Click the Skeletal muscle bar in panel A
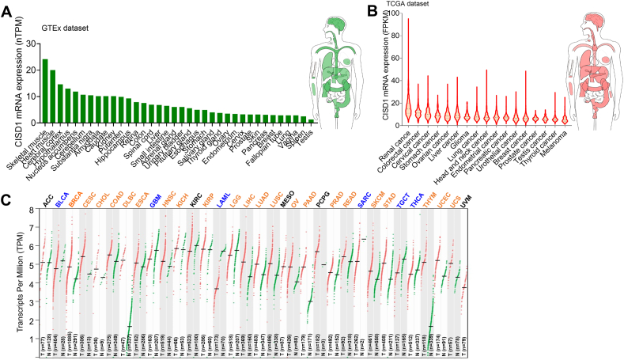coord(45,91)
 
